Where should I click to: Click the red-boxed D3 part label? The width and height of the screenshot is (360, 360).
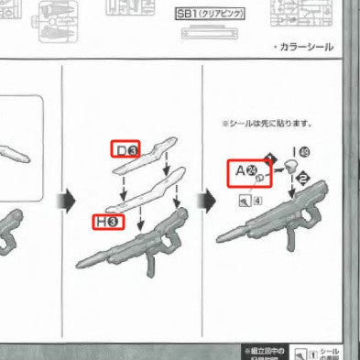click(x=125, y=149)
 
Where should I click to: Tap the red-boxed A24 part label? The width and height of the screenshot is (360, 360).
click(x=245, y=170)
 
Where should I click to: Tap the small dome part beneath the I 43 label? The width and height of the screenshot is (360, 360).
click(x=290, y=167)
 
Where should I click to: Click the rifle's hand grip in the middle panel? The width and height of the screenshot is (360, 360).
click(x=149, y=265)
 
